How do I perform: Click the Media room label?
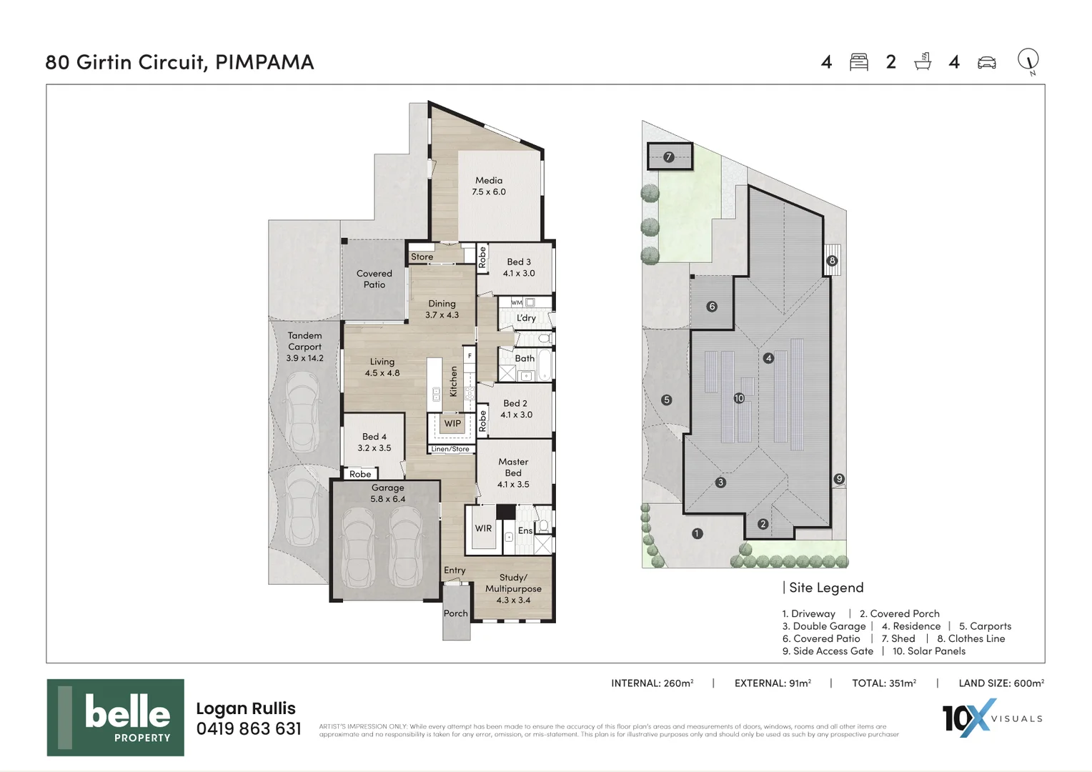coord(489,181)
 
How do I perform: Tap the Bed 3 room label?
coord(519,262)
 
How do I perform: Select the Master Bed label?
coord(513,467)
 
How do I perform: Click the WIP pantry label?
coord(452,424)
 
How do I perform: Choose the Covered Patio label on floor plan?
coord(374,279)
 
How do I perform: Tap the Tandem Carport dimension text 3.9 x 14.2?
coord(305,358)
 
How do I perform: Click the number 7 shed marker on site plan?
coord(669,157)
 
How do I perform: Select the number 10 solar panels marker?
coord(739,398)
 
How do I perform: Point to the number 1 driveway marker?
coord(698,533)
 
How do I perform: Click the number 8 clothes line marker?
coord(832,261)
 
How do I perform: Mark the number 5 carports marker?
coord(667,400)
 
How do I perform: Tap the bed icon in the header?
coord(859,62)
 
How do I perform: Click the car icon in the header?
coord(987,62)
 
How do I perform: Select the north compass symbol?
coord(1028,61)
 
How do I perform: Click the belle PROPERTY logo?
coord(116,718)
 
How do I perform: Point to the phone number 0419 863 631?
coord(249,729)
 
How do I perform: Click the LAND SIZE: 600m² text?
coord(1001,683)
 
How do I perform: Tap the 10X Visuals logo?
coord(992,718)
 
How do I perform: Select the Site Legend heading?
coord(826,588)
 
